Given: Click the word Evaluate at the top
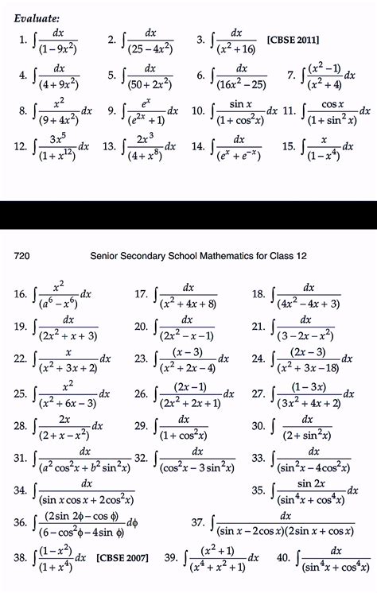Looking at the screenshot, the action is pos(35,17).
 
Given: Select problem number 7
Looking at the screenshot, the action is pos(290,76).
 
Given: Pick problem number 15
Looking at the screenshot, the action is pos(289,147).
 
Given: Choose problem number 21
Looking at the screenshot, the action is pos(258,327).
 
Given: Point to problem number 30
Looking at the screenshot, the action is pos(258,426).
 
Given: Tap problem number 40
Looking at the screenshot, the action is pos(282,558).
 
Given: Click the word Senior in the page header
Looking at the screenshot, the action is pos(106,257).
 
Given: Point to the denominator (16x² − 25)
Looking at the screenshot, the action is pos(242,84).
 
